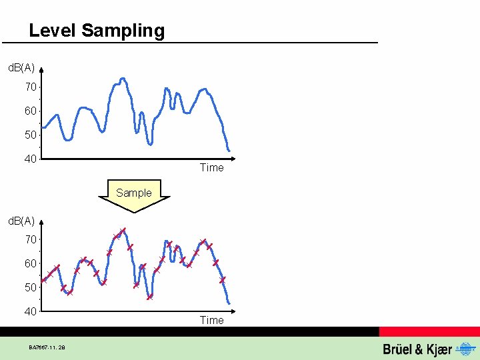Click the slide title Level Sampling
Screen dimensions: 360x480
click(97, 31)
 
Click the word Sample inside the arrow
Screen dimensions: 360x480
click(134, 193)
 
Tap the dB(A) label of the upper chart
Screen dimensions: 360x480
click(21, 68)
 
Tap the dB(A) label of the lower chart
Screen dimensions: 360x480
click(21, 221)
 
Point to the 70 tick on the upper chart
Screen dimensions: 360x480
click(31, 87)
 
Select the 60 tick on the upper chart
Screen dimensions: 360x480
click(31, 111)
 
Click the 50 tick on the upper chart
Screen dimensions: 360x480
click(31, 135)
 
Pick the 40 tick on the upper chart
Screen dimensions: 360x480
click(31, 159)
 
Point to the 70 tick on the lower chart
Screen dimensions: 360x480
click(31, 239)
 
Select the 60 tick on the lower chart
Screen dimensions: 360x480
click(31, 263)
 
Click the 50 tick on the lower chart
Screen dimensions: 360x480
click(31, 287)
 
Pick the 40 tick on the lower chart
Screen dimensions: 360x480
click(31, 311)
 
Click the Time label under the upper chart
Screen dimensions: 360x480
click(211, 168)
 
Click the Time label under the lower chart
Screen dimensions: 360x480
click(211, 321)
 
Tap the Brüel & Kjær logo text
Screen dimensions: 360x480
click(417, 349)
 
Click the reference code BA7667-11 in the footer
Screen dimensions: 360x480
click(47, 347)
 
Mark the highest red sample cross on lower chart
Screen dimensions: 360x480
click(123, 231)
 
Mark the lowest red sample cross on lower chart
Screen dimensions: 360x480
click(150, 297)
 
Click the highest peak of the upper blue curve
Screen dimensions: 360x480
click(122, 78)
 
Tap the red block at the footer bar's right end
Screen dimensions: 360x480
click(429, 331)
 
